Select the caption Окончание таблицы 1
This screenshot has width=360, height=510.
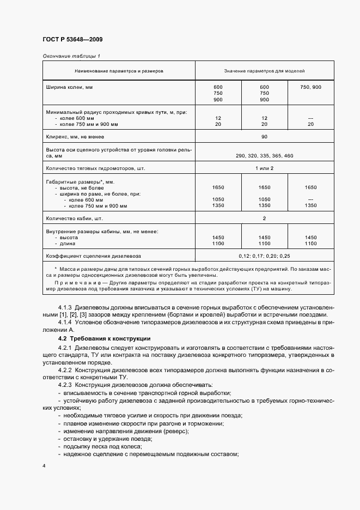click(71, 56)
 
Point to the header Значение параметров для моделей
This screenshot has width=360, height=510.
click(264, 71)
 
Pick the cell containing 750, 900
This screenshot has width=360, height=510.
click(310, 87)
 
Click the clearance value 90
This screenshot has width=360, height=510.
click(264, 137)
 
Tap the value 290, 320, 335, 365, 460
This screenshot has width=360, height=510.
click(264, 156)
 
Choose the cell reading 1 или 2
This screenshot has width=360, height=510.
click(264, 168)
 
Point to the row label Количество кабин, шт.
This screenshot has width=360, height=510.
click(76, 218)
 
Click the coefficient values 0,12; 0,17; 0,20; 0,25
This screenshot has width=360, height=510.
click(264, 256)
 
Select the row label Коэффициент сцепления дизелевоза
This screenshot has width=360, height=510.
click(89, 256)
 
